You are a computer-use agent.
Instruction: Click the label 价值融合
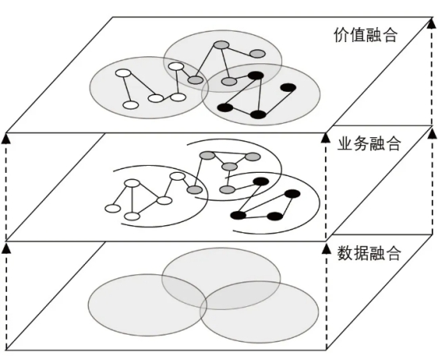365,36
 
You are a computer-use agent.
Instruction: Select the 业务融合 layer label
368,144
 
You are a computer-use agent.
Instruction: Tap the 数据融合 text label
368,253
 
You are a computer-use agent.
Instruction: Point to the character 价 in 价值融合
342,36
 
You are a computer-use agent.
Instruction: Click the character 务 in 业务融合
361,144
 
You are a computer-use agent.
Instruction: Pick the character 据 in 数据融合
361,253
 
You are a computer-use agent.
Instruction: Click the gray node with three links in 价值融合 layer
221,45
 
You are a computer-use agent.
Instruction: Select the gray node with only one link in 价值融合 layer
258,53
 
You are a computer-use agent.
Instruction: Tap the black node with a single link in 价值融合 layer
288,88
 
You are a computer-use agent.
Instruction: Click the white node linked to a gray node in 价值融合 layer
176,67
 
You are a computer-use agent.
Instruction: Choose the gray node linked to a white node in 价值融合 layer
195,80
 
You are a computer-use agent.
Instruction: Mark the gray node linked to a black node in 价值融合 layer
229,82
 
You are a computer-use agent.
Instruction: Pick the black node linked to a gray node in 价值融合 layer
256,75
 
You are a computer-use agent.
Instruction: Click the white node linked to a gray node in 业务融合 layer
178,176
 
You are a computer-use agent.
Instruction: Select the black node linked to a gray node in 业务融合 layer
261,182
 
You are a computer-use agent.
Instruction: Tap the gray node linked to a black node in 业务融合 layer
227,190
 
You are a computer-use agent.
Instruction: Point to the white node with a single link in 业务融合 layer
113,209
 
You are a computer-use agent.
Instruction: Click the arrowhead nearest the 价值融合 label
433,23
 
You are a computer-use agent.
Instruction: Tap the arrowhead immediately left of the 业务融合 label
326,138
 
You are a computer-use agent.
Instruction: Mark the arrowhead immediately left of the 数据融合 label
326,249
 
